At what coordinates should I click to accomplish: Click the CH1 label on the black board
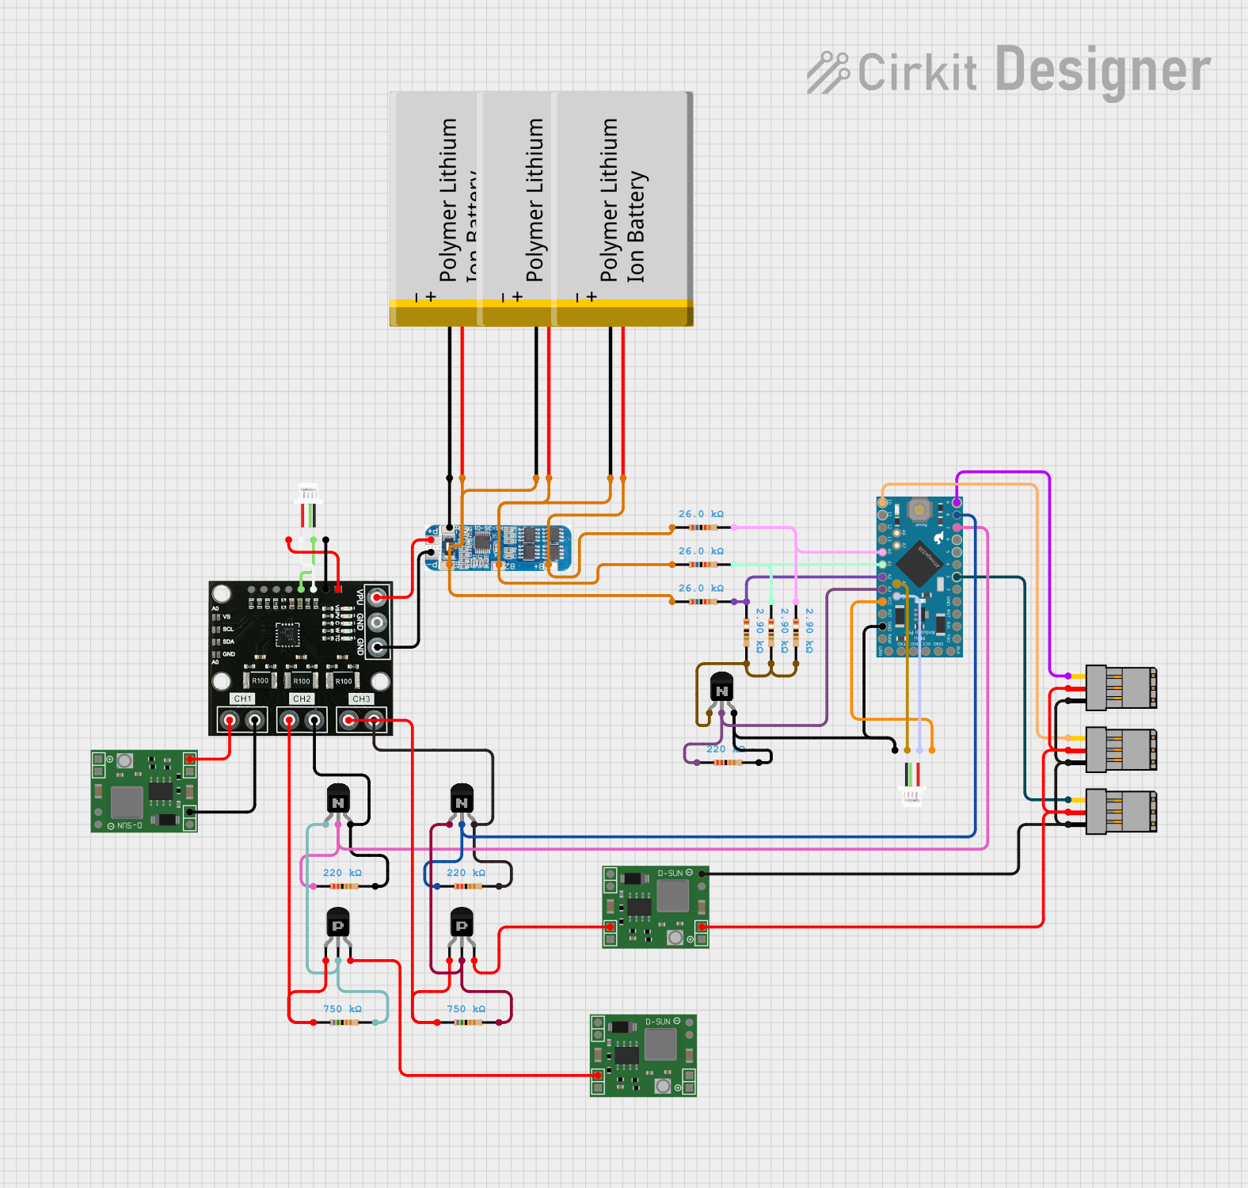pos(242,699)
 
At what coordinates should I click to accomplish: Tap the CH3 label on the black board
pos(361,699)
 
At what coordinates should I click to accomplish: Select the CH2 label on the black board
pos(302,699)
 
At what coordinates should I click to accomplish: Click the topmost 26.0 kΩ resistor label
pos(701,514)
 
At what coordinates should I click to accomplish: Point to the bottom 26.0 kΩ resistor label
pos(701,588)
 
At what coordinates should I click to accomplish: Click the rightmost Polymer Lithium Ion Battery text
pos(622,202)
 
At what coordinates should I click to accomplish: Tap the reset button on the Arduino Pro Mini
pos(919,510)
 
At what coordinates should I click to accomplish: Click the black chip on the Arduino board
pos(919,564)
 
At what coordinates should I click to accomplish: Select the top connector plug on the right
pos(1121,687)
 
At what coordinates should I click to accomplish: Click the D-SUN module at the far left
pos(143,791)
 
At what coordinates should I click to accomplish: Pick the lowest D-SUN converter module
pos(643,1056)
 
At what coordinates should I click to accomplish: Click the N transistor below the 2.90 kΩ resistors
pos(721,689)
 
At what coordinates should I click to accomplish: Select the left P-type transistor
pos(338,923)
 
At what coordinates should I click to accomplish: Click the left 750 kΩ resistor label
pos(342,1009)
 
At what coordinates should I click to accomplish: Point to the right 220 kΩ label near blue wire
pos(466,873)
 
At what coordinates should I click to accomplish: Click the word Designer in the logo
pos(1102,70)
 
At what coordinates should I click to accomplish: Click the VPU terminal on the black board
pos(378,597)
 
